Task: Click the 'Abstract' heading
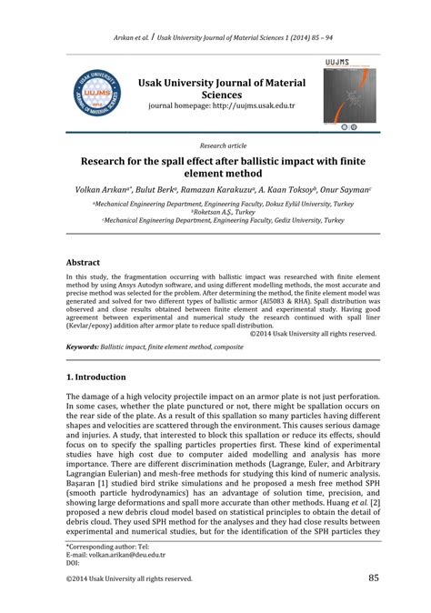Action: tap(84, 259)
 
